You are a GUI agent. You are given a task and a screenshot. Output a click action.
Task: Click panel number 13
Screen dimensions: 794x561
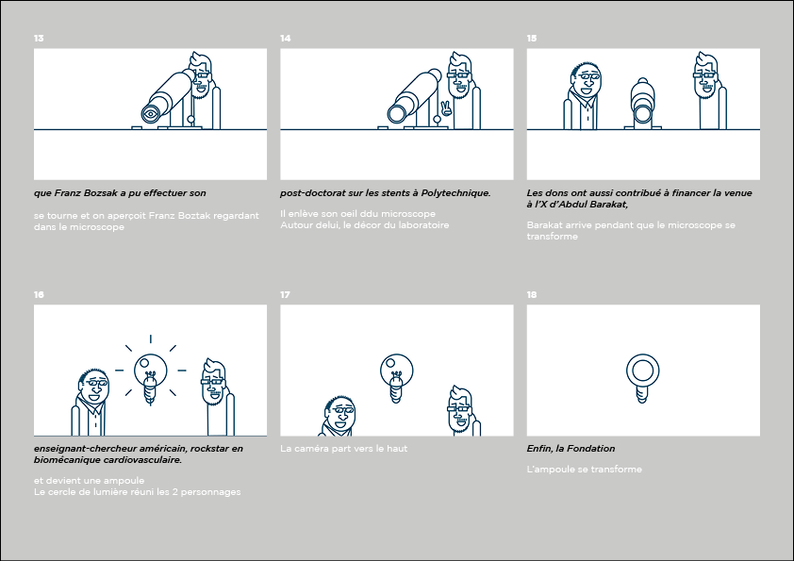coord(39,39)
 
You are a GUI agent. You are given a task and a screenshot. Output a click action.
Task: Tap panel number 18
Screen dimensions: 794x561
coord(532,295)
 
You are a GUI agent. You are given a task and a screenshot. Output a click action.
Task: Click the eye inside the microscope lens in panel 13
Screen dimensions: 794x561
coord(150,114)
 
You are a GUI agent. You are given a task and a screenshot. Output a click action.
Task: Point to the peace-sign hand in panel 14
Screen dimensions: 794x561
coord(446,108)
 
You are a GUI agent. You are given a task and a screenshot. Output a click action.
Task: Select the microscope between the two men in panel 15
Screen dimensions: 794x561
coord(642,105)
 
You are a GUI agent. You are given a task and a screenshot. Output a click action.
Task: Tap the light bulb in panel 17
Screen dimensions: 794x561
coord(396,378)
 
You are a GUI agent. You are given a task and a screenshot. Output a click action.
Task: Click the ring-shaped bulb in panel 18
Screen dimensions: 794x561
coord(642,378)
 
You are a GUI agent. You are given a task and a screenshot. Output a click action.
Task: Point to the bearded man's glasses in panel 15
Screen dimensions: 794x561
coord(705,76)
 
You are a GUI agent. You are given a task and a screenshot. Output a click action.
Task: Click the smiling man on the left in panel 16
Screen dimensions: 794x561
coord(91,402)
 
